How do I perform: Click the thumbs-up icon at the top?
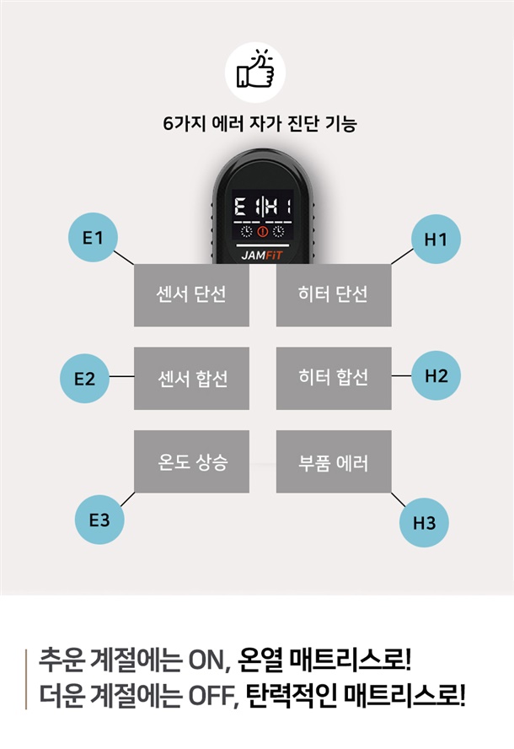[x=255, y=72]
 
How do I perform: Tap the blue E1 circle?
[x=93, y=237]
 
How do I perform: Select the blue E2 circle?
[x=84, y=379]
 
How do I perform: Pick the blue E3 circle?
[x=99, y=520]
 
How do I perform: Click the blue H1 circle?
[x=436, y=239]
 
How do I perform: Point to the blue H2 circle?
[x=436, y=375]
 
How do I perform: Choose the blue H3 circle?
[x=424, y=522]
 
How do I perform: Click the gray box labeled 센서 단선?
[x=191, y=295]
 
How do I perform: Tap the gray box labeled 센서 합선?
[x=191, y=379]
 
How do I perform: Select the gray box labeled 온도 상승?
[x=191, y=461]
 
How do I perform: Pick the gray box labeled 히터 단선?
[x=334, y=295]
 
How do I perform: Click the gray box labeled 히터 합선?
[x=334, y=379]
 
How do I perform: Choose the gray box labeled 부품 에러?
[x=334, y=461]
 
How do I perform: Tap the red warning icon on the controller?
[x=263, y=232]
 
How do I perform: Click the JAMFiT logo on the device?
[x=262, y=255]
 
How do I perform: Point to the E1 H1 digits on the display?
[x=263, y=207]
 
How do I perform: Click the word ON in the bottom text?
[x=206, y=661]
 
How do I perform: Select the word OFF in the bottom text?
[x=211, y=697]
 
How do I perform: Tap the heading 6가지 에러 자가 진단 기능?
[x=260, y=124]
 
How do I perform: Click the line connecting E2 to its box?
[x=121, y=376]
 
